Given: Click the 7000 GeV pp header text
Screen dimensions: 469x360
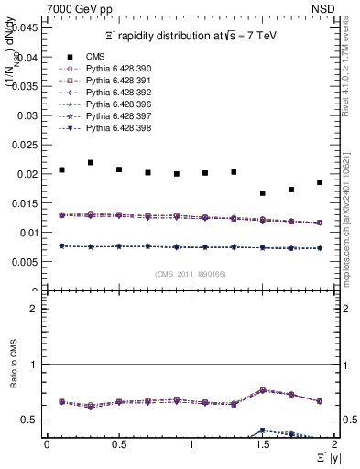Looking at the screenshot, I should (x=80, y=9).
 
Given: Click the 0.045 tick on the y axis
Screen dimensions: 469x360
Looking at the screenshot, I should (x=27, y=27).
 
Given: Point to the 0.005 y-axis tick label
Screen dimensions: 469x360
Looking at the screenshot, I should (x=27, y=262).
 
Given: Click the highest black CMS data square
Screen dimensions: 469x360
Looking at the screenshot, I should (x=90, y=163).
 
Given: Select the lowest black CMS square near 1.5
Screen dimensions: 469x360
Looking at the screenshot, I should (x=263, y=193).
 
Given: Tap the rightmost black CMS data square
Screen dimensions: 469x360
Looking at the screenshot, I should (x=320, y=182).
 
